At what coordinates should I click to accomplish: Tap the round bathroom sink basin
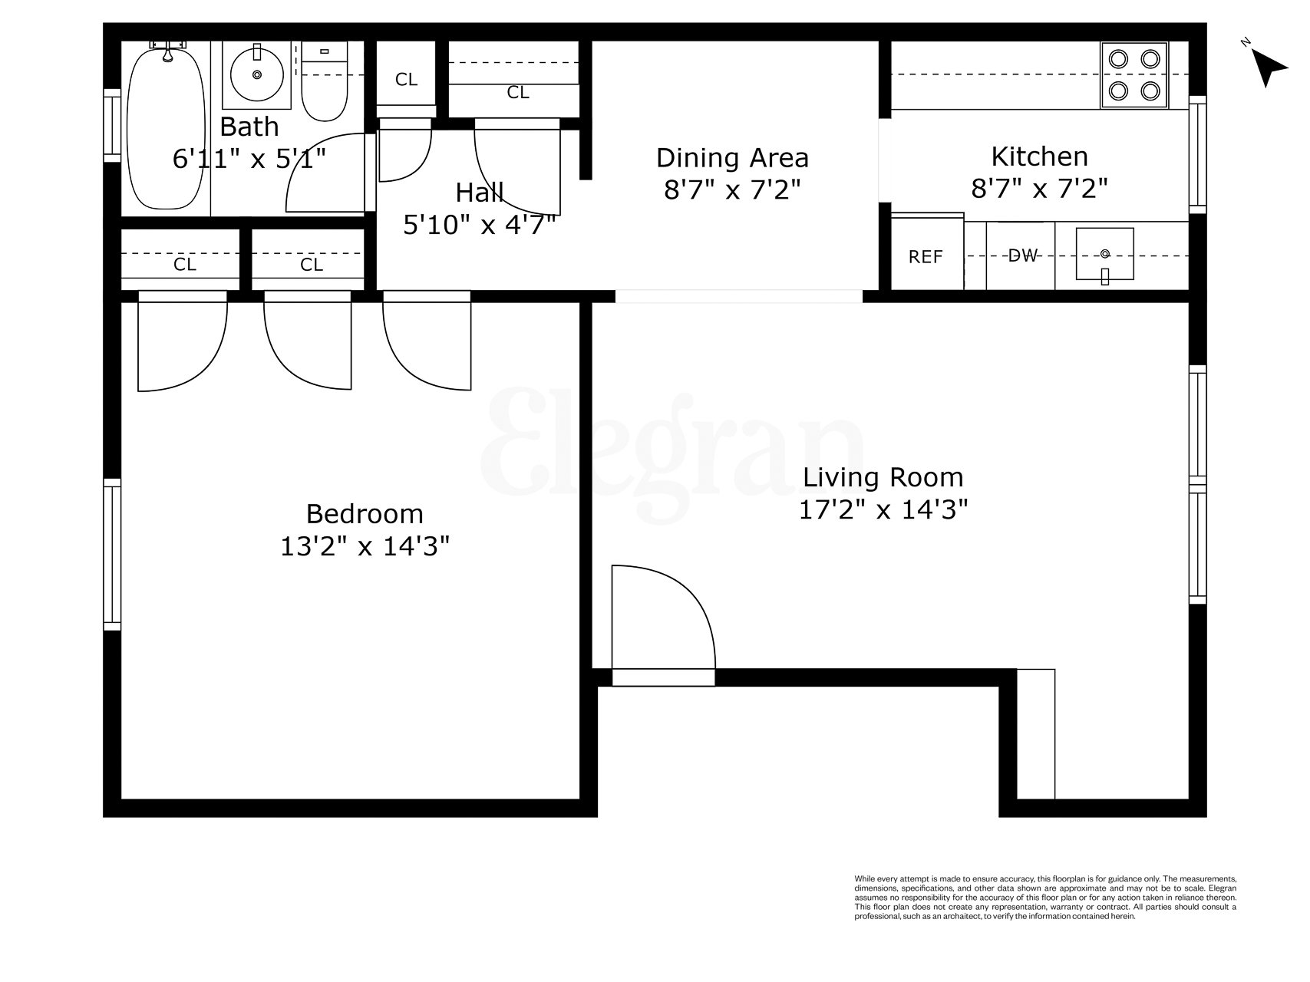click(x=256, y=74)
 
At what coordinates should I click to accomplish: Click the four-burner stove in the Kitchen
click(x=1134, y=74)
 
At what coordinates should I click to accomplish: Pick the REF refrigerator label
click(x=926, y=258)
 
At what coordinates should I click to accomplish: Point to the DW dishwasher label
click(x=1021, y=256)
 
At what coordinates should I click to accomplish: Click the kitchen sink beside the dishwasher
click(x=1104, y=255)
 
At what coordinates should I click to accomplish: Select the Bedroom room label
click(x=365, y=513)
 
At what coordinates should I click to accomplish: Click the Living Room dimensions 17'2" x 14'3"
click(x=883, y=510)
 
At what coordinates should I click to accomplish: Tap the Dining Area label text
click(x=732, y=158)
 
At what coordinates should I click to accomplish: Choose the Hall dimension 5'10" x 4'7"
click(x=480, y=225)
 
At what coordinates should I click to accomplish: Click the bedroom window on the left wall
click(x=113, y=554)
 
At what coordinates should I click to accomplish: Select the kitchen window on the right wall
click(x=1196, y=154)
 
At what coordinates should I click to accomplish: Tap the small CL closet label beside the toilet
click(x=406, y=80)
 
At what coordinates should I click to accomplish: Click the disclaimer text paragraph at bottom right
click(x=1045, y=898)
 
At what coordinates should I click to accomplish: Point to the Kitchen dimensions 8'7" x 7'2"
click(x=1039, y=189)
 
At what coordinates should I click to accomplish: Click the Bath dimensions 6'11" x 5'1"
click(x=249, y=160)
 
